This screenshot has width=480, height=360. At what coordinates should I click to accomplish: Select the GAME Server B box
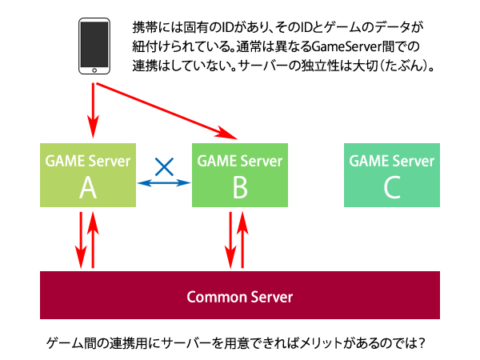click(x=238, y=175)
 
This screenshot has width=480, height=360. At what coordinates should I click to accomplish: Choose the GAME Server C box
click(x=391, y=175)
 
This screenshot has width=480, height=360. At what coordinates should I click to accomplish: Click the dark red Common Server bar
click(x=240, y=296)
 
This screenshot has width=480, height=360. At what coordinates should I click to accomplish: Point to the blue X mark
click(x=163, y=166)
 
